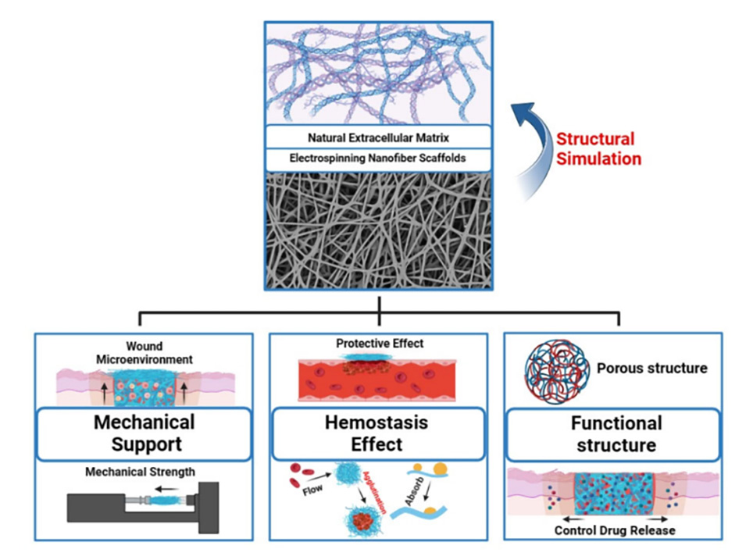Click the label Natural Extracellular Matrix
tap(378, 137)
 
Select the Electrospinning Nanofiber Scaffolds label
tap(378, 159)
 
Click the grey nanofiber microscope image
tap(378, 230)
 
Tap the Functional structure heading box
tap(616, 434)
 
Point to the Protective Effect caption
tap(377, 344)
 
